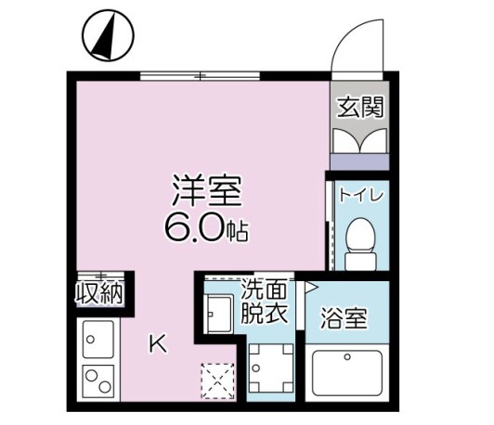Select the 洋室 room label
click(x=205, y=190)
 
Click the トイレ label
click(x=357, y=195)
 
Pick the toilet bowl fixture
click(x=357, y=239)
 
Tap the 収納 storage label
click(x=99, y=294)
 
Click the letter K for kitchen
click(x=159, y=344)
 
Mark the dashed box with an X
click(x=221, y=380)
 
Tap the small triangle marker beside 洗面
click(x=311, y=289)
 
